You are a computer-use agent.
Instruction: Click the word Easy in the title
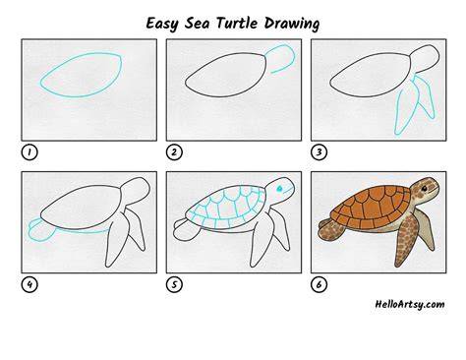coord(162,24)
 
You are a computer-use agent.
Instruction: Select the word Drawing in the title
coord(292,24)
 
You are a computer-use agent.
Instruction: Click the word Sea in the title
coord(197,24)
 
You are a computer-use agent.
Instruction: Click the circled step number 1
coord(29,152)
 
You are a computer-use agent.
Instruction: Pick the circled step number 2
coord(174,152)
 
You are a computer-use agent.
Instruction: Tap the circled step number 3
coord(319,152)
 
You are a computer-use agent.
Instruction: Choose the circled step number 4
coord(29,284)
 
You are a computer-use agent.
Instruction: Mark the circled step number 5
coord(174,284)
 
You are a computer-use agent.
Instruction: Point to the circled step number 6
coord(319,284)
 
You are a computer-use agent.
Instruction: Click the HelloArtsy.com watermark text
coord(410,304)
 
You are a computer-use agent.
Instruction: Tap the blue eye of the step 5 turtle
coord(279,189)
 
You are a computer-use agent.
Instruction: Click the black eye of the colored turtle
coord(425,188)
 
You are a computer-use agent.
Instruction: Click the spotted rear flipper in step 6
coord(331,229)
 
